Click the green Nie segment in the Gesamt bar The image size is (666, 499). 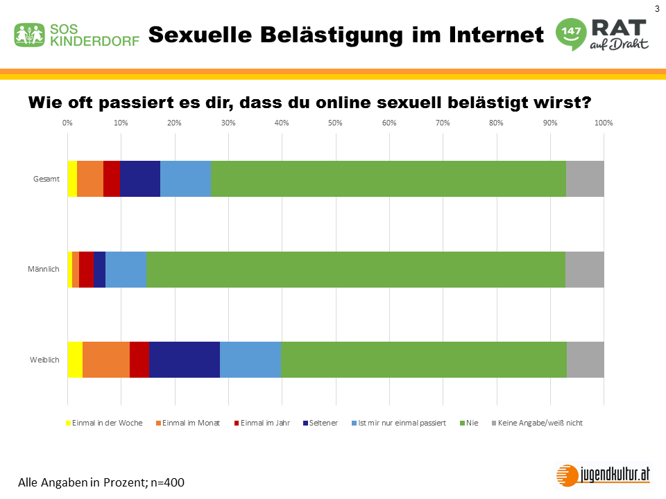coord(388,179)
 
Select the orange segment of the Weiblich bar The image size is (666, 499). coord(106,360)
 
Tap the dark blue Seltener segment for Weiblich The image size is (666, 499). coord(185,360)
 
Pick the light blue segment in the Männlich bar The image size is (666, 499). coord(126,270)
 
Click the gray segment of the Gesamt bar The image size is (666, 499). coord(585,179)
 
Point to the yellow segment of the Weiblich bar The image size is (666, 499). coord(75,360)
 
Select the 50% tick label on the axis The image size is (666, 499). coord(335,123)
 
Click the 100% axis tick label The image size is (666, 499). coord(603,123)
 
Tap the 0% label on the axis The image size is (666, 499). coord(67,123)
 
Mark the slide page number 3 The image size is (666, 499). coord(656,8)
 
